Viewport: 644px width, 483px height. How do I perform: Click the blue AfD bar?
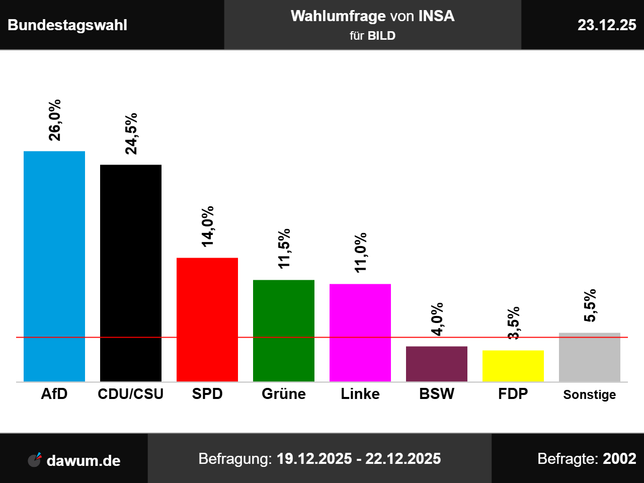tap(54, 266)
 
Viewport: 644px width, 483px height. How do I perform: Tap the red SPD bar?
tap(207, 319)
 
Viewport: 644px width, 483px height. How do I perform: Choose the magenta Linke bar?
tap(360, 333)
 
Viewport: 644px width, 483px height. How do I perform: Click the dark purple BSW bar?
tap(437, 364)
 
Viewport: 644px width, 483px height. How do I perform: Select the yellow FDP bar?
tap(513, 366)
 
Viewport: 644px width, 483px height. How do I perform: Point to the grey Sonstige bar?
tap(590, 357)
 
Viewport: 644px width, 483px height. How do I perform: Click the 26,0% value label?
tap(54, 120)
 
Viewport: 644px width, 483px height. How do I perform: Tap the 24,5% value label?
tap(131, 133)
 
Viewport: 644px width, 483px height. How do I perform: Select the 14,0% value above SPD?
tap(207, 226)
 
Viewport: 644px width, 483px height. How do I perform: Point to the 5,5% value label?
tap(590, 305)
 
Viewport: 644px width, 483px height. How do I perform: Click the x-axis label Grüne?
tap(284, 393)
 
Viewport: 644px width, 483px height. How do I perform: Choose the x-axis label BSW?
tap(437, 393)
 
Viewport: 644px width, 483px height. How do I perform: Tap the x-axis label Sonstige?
tap(590, 394)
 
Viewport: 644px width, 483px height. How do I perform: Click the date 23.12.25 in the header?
tap(607, 25)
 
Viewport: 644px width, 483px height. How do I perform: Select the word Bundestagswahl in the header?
tap(67, 25)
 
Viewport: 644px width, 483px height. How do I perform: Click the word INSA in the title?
tap(437, 16)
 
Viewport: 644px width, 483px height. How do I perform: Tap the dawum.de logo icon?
tap(35, 459)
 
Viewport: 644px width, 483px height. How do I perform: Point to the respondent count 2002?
tap(619, 458)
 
